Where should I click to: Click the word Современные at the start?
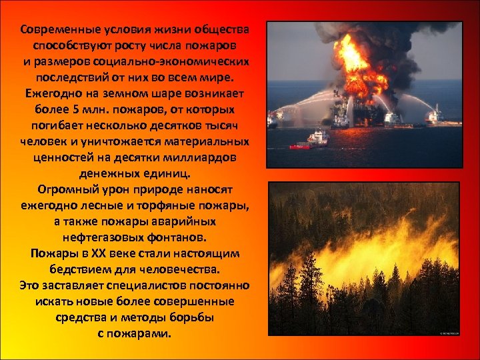pyautogui.click(x=55, y=30)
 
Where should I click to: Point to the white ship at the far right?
pyautogui.click(x=434, y=115)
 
